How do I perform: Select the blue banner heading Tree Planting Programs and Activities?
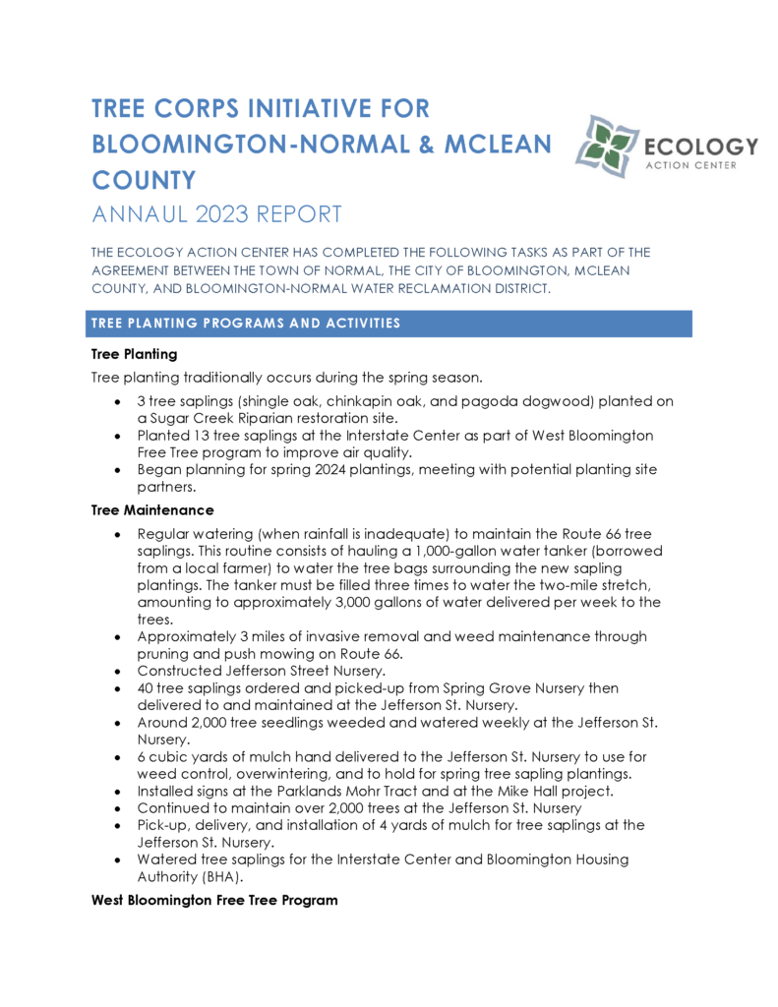pyautogui.click(x=246, y=324)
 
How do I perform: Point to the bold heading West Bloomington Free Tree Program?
pyautogui.click(x=214, y=900)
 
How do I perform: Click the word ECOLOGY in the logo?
pyautogui.click(x=700, y=147)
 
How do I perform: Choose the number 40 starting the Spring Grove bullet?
pyautogui.click(x=148, y=687)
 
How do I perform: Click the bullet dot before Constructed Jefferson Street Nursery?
pyautogui.click(x=118, y=671)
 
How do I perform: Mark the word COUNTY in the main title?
pyautogui.click(x=144, y=180)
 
